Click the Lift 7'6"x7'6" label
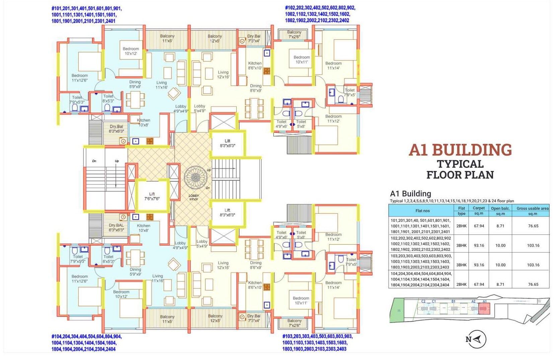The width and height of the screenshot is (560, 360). click(152, 196)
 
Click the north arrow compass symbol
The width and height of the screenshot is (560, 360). click(476, 339)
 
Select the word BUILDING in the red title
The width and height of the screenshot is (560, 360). click(472, 150)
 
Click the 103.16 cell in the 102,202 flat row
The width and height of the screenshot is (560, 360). click(533, 245)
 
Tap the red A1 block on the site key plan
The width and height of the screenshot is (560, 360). click(484, 308)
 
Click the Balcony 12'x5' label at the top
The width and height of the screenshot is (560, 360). click(215, 38)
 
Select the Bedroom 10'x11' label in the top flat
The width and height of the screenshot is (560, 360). click(302, 60)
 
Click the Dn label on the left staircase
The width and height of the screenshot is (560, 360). click(94, 161)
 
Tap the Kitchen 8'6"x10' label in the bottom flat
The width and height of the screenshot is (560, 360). click(255, 285)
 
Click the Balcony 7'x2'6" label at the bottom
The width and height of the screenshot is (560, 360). click(294, 323)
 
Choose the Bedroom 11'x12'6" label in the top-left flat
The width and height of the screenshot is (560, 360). click(80, 78)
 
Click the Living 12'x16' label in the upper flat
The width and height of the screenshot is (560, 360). click(223, 74)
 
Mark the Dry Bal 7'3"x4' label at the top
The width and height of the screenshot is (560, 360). click(253, 38)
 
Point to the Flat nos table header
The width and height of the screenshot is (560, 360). click(422, 211)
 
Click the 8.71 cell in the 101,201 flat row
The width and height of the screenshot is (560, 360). click(500, 226)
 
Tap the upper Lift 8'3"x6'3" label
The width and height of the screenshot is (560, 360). click(227, 143)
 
